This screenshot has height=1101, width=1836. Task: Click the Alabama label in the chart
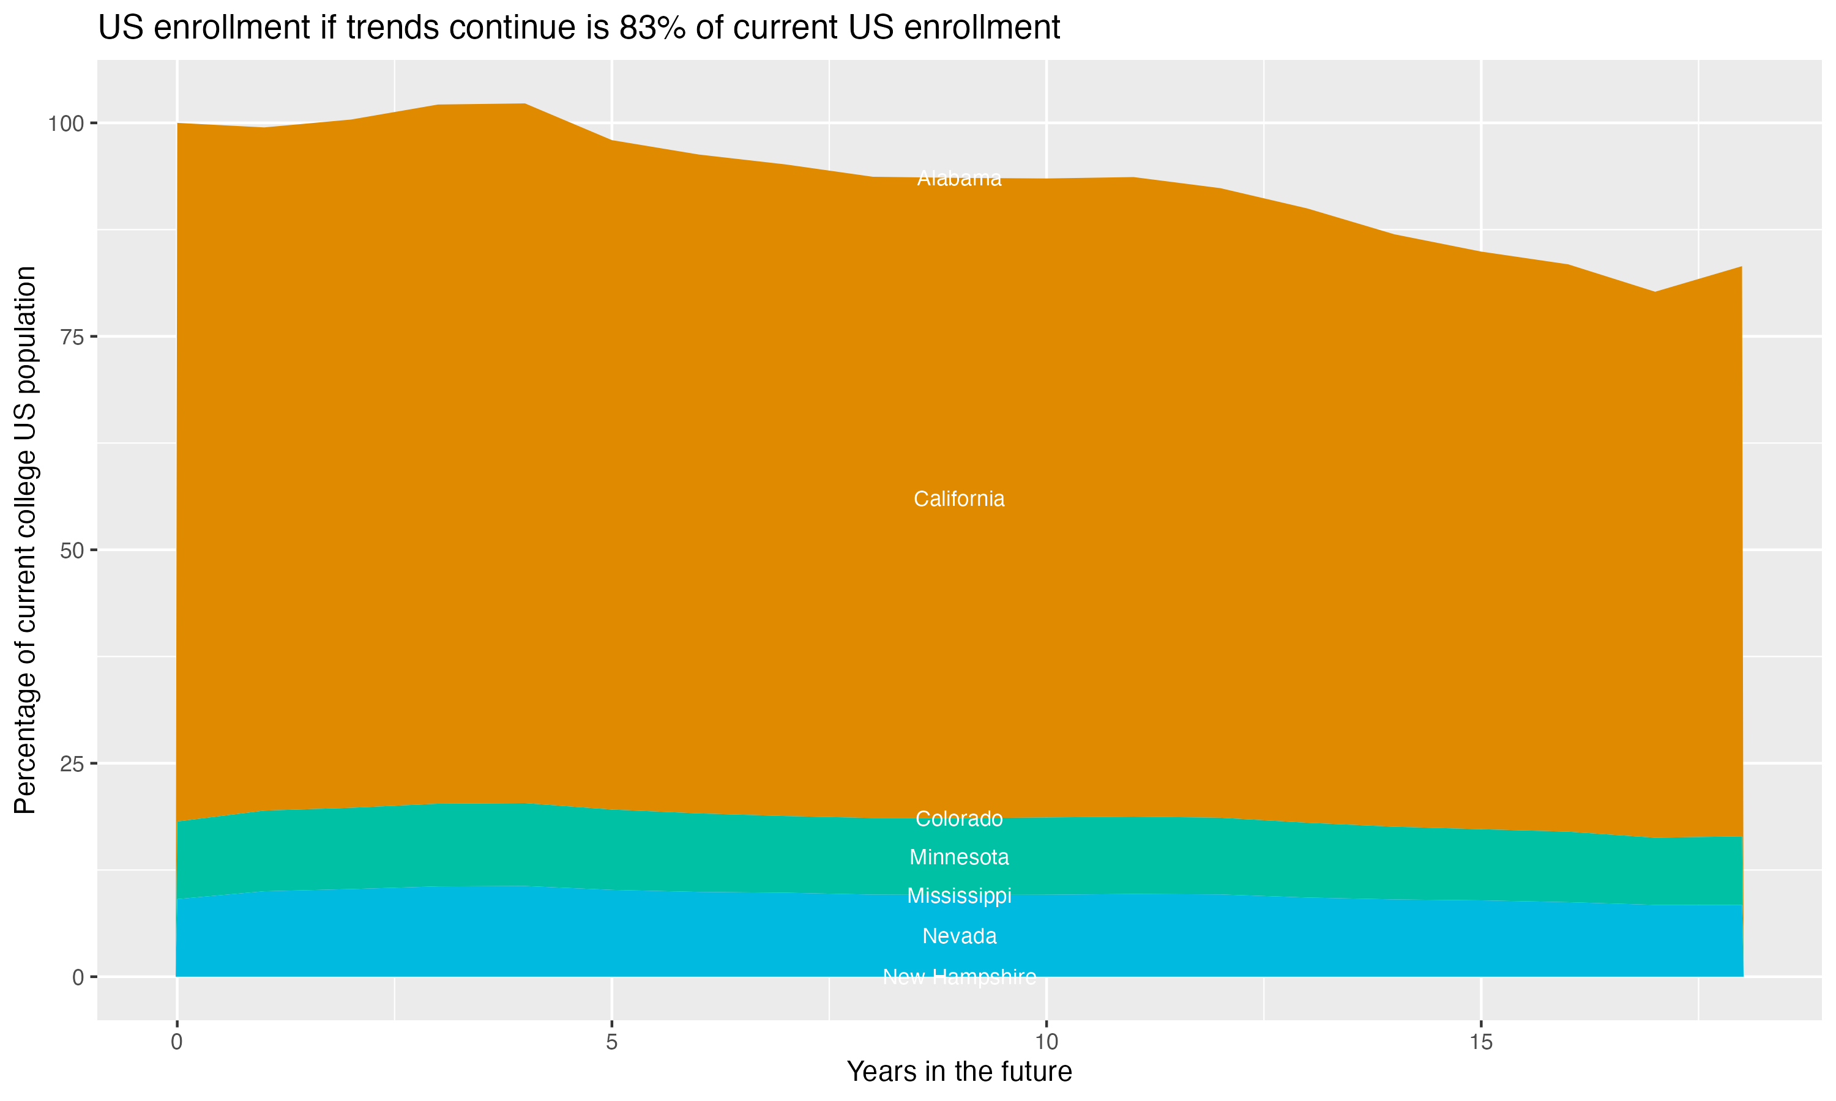959,179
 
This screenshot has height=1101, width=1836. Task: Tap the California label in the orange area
959,499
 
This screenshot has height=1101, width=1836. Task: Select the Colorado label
959,819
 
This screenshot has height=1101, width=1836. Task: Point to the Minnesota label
959,858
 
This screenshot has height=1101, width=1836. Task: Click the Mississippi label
959,896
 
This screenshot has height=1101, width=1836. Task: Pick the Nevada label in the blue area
959,936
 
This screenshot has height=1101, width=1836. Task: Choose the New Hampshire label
959,977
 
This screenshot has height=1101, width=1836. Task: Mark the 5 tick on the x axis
611,1042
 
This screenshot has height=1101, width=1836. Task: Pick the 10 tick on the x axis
1046,1042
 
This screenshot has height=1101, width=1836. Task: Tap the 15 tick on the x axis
1480,1042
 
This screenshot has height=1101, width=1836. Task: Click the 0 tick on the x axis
177,1042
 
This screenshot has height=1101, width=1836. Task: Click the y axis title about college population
25,540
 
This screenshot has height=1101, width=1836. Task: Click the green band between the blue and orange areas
520,846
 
